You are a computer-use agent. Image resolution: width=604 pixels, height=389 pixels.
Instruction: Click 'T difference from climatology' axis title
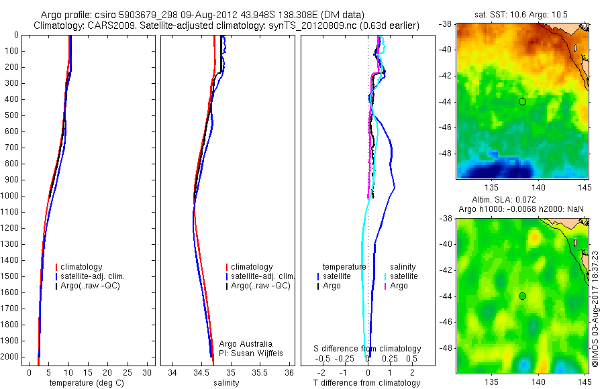pos(366,383)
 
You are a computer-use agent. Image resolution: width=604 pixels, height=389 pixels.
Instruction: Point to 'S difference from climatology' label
pos(368,349)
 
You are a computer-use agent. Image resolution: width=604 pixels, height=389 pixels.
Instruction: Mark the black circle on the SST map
pos(522,101)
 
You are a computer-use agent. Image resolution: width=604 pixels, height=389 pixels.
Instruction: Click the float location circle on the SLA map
pos(522,296)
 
